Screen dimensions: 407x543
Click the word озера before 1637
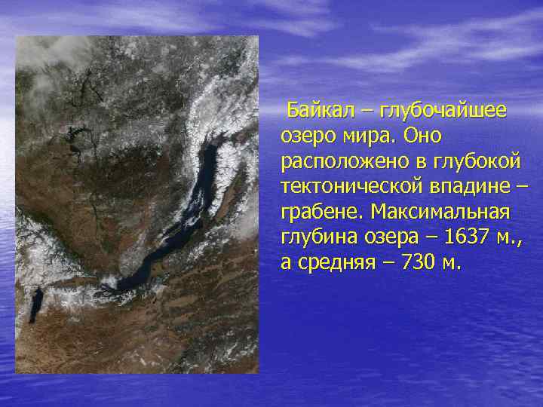pyautogui.click(x=388, y=238)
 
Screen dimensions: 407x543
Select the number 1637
pyautogui.click(x=467, y=238)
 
